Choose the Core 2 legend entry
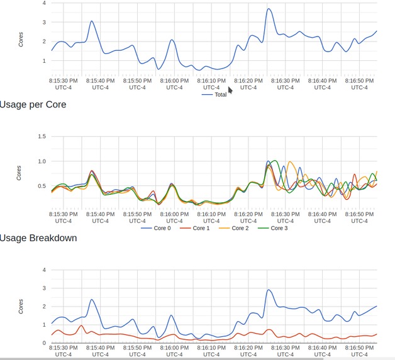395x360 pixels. point(239,228)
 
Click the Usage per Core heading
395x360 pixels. point(33,104)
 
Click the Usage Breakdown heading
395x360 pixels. point(38,237)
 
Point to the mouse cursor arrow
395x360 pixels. point(230,90)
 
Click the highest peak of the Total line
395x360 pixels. point(269,9)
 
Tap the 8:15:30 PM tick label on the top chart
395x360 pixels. point(64,84)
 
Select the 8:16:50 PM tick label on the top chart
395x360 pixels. point(359,84)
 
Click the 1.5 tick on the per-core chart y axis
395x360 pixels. point(42,136)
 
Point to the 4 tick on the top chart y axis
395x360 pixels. point(43,3)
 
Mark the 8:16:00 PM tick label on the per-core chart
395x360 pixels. point(174,217)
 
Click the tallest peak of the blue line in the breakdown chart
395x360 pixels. point(269,290)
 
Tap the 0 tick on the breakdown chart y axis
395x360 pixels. point(43,343)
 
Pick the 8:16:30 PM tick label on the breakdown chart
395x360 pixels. point(285,351)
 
